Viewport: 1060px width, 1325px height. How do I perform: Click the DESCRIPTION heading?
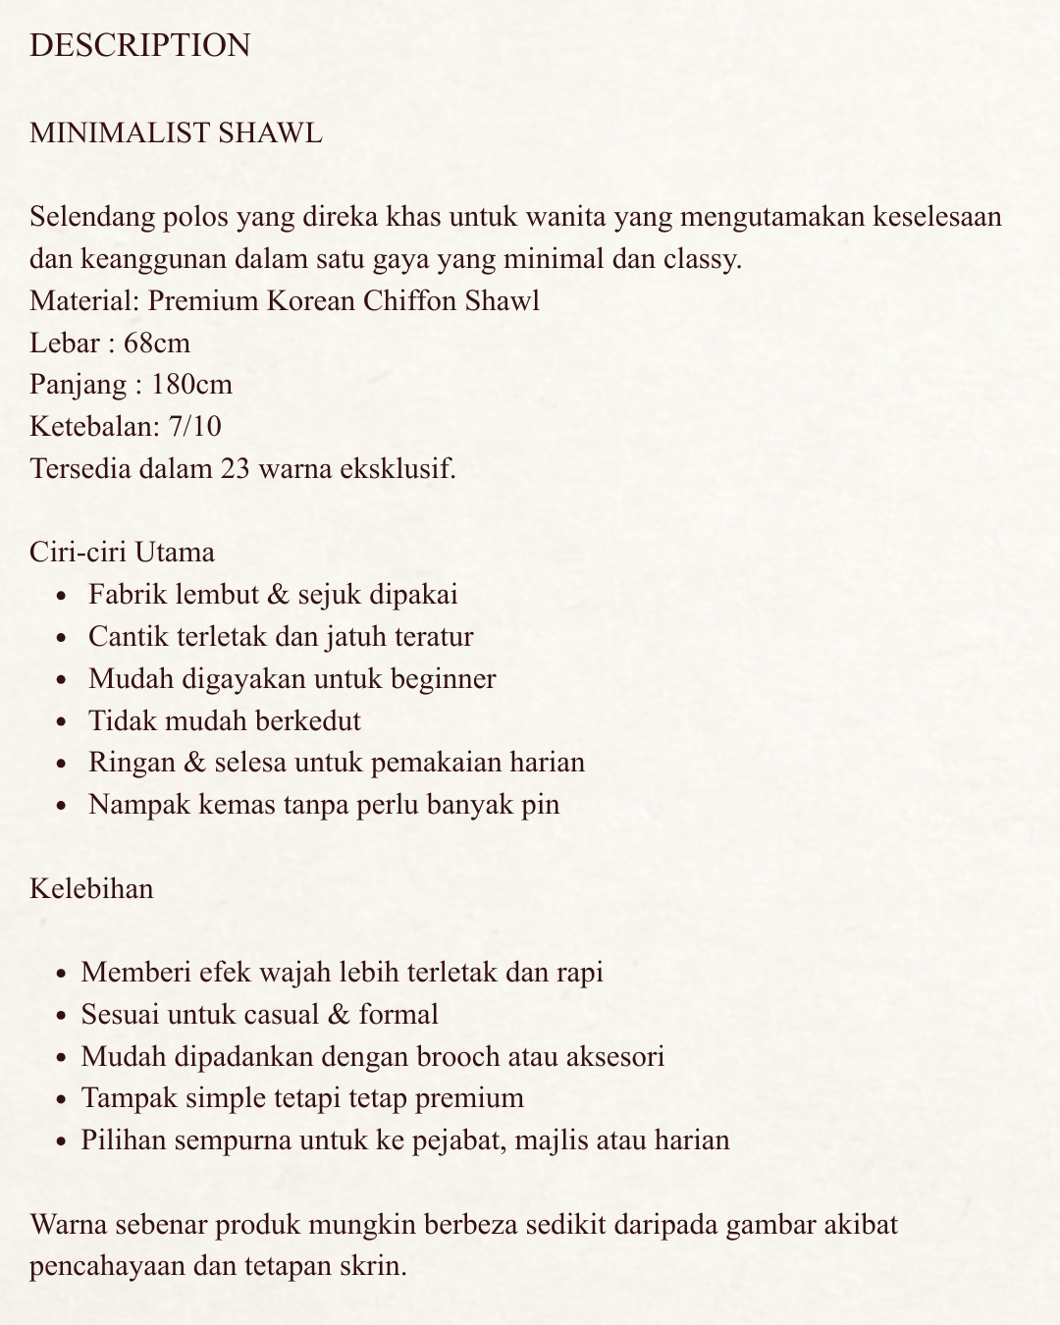pos(140,45)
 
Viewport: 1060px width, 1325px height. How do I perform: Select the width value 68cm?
pos(157,343)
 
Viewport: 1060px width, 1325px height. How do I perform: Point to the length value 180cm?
pos(191,384)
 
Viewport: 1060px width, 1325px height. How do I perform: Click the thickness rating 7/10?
pos(195,426)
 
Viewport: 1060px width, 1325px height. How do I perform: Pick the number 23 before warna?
pos(236,468)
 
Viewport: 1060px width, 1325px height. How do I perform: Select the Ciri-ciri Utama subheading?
pos(123,552)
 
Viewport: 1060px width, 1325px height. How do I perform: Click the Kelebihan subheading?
pos(91,888)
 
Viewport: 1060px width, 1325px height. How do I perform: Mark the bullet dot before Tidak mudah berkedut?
pos(63,722)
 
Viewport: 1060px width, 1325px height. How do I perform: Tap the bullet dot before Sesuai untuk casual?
pos(63,1016)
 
